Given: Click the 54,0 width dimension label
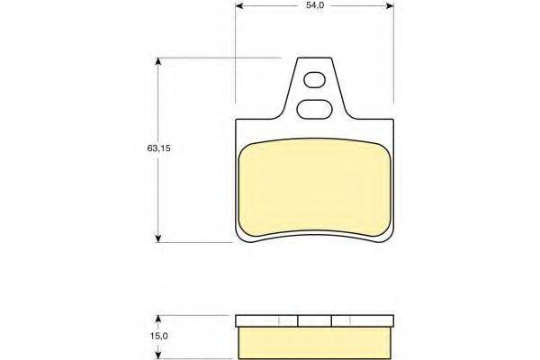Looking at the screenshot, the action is click(315, 5).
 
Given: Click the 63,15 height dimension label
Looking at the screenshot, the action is click(158, 148).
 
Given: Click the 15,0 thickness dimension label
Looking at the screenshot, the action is click(158, 336).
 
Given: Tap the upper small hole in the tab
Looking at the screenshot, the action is click(314, 80).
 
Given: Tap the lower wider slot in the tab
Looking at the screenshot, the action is click(314, 109).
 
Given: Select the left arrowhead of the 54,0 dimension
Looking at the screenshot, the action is click(239, 6).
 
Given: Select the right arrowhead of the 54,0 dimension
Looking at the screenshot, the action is click(390, 6).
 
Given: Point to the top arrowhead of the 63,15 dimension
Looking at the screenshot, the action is click(158, 62).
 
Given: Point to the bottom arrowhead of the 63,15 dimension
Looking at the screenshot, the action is click(158, 238).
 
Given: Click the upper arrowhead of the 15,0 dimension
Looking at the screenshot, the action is click(158, 319).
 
